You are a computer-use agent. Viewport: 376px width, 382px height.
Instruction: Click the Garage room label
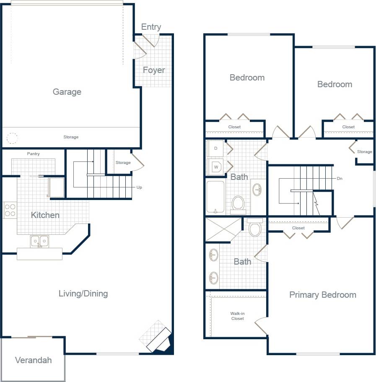tap(67, 92)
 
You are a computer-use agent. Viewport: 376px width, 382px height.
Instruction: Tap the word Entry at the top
tap(151, 27)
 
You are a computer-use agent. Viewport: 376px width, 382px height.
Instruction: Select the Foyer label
tap(154, 70)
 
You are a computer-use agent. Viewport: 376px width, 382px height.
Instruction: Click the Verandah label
tap(33, 360)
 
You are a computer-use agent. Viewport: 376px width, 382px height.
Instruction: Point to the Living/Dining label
tap(83, 294)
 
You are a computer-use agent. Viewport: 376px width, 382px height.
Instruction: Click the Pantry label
tap(34, 154)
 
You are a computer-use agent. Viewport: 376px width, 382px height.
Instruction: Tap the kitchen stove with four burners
tap(10, 210)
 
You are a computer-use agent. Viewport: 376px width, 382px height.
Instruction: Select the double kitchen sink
tap(39, 241)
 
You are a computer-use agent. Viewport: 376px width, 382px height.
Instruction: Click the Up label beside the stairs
tap(139, 187)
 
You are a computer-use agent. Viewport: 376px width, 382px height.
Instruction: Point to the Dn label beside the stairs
tap(340, 178)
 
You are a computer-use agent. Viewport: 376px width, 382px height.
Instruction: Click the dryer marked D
tap(216, 148)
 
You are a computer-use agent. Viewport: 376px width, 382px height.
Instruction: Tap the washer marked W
tap(216, 166)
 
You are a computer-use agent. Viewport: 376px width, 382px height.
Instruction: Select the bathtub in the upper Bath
tap(216, 197)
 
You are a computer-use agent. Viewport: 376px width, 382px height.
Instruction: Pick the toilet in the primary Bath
tap(255, 229)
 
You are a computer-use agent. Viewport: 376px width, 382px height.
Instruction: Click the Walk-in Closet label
tap(237, 316)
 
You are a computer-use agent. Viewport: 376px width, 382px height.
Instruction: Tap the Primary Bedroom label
tap(323, 295)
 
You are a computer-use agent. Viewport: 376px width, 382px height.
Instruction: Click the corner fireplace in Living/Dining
tap(160, 339)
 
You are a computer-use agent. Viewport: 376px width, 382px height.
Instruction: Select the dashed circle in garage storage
tap(12, 138)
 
